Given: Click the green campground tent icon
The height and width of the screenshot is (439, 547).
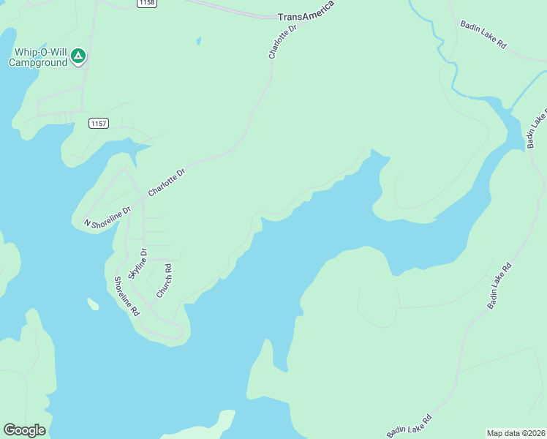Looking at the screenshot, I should (x=79, y=56).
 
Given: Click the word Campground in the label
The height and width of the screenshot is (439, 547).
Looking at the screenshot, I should (x=38, y=63).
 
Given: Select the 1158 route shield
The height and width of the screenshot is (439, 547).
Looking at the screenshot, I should (x=146, y=4).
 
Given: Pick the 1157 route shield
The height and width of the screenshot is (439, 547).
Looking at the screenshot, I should (x=99, y=124).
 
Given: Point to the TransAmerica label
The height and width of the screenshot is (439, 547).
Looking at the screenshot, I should (x=306, y=15).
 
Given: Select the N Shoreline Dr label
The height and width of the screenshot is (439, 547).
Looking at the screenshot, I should (x=107, y=217).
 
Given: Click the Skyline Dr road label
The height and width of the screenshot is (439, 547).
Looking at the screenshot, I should (x=137, y=264).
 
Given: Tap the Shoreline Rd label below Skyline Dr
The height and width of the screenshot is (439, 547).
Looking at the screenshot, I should (x=125, y=296).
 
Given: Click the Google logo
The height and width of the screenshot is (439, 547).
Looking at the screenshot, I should (x=24, y=430).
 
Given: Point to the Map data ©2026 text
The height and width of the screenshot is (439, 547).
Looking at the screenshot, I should (x=516, y=433).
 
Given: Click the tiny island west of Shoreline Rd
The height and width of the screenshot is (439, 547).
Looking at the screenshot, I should (x=93, y=304).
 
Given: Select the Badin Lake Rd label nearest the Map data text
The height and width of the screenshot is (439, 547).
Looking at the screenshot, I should (x=409, y=427).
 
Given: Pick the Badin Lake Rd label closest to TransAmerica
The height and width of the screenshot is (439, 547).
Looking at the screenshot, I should (x=483, y=34).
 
